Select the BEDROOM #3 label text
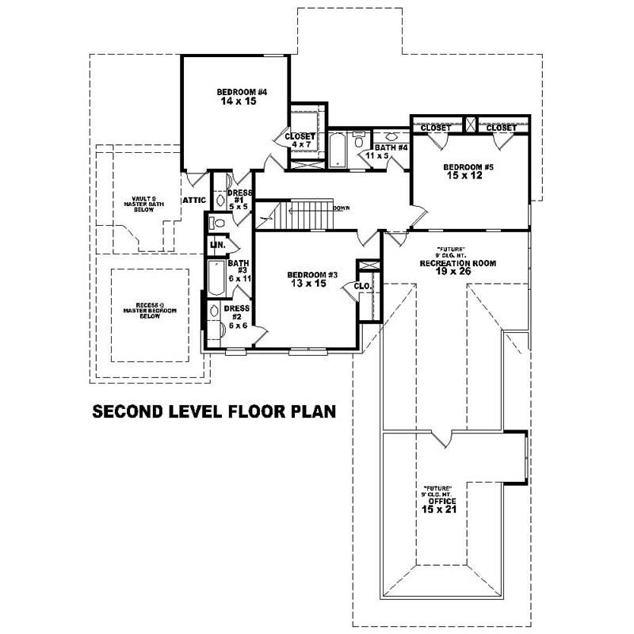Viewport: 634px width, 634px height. (x=311, y=275)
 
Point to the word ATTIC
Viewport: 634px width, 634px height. (x=194, y=200)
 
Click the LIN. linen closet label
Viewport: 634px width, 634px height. (x=216, y=246)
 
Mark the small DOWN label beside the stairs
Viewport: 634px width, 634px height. (x=342, y=208)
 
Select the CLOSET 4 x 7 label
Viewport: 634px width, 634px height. (x=301, y=140)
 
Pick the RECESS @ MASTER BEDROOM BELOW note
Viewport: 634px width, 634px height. (x=150, y=310)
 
